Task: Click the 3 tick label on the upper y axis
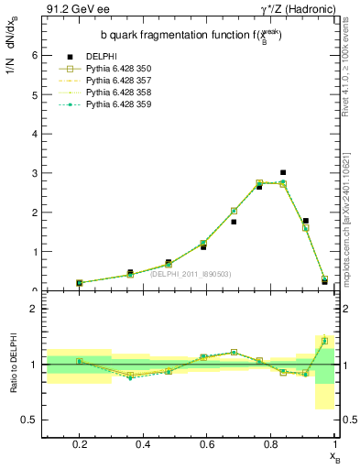pyautogui.click(x=35, y=173)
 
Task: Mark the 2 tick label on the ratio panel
pyautogui.click(x=34, y=309)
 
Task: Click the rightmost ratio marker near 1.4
pyautogui.click(x=324, y=341)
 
